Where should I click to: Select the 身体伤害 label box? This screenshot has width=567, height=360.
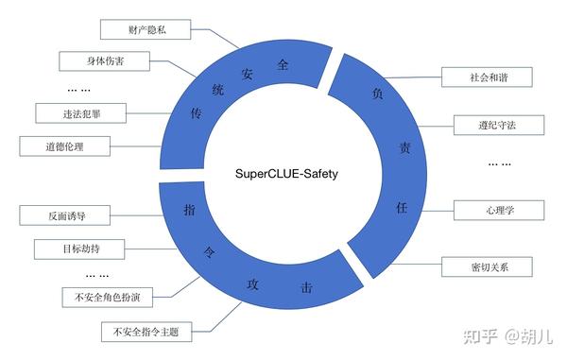click(x=105, y=61)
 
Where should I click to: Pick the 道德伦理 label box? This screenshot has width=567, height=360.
click(x=64, y=146)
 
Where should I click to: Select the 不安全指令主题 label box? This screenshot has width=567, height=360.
click(x=146, y=332)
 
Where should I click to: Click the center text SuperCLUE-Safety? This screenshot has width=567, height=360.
click(x=285, y=174)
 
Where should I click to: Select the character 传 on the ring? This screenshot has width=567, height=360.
click(x=197, y=111)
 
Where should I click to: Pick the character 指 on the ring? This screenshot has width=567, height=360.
click(x=189, y=210)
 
